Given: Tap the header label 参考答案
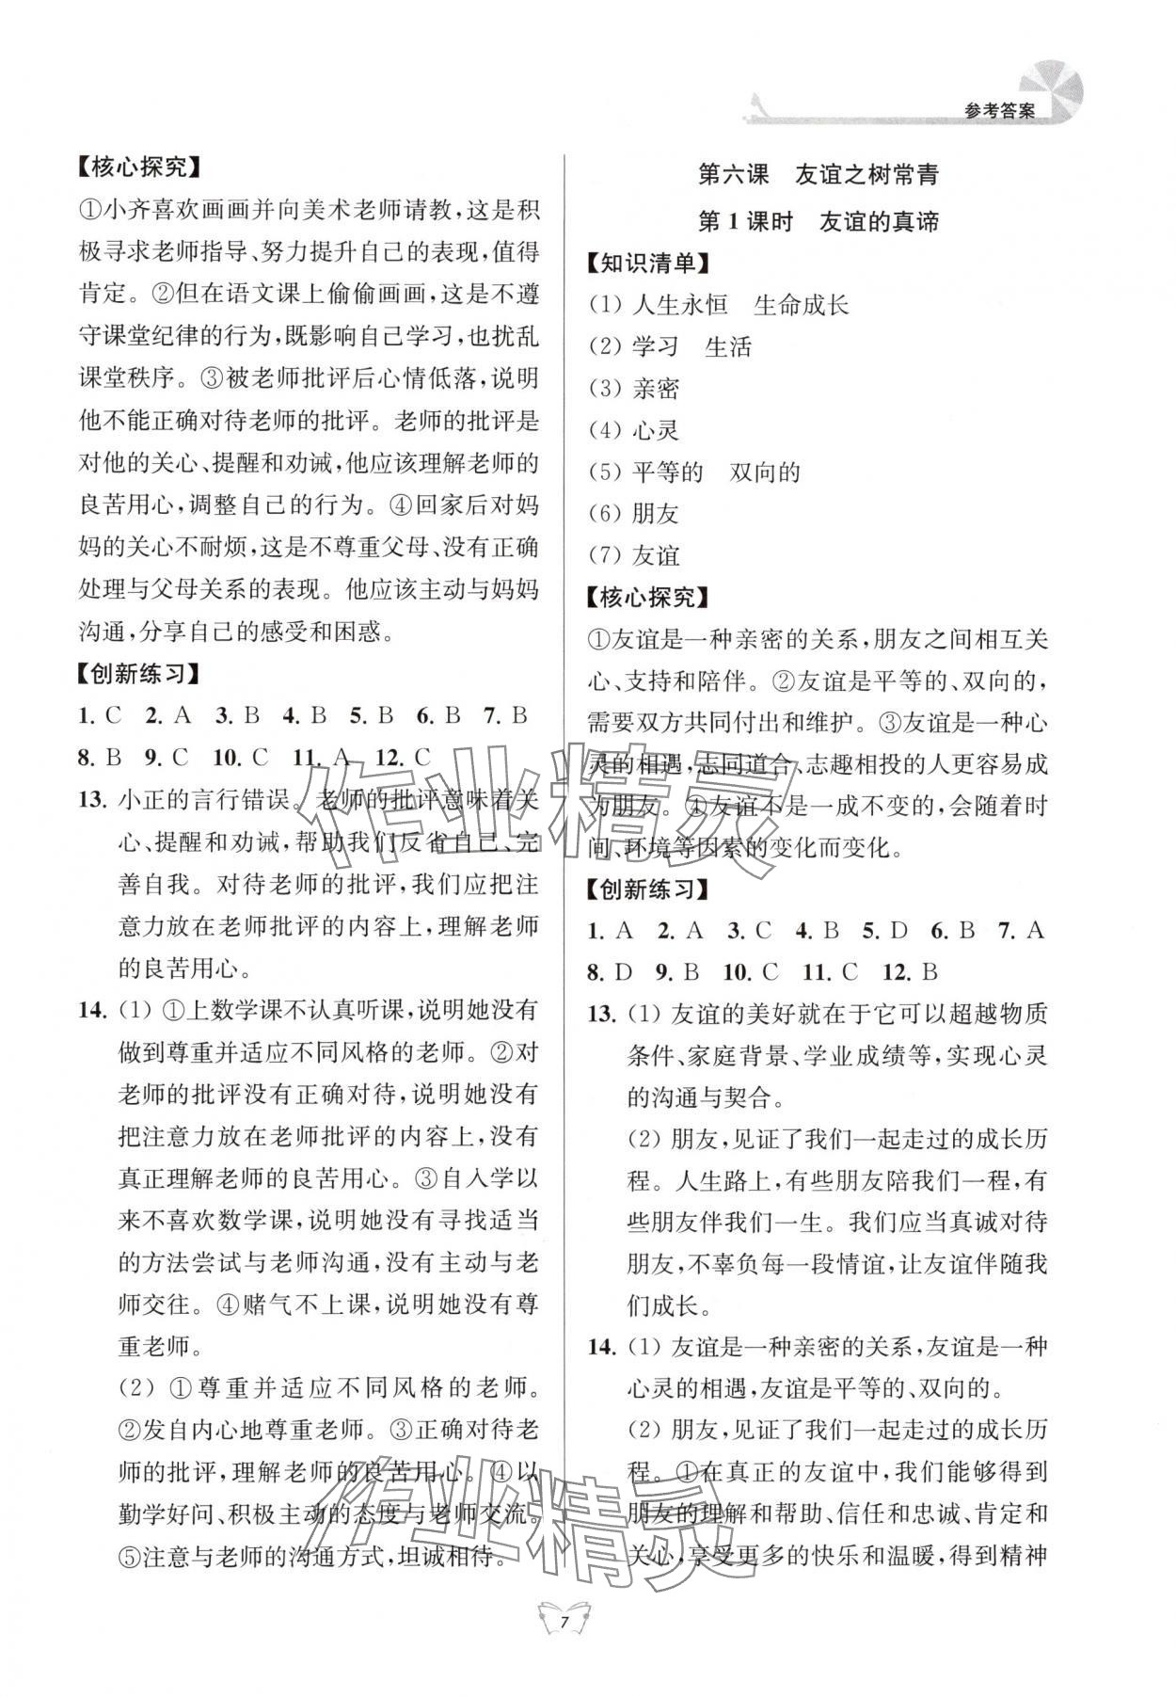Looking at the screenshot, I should tap(999, 110).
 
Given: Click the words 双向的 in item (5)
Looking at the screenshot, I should tap(764, 472).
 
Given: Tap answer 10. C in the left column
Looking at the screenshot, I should tap(240, 758).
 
